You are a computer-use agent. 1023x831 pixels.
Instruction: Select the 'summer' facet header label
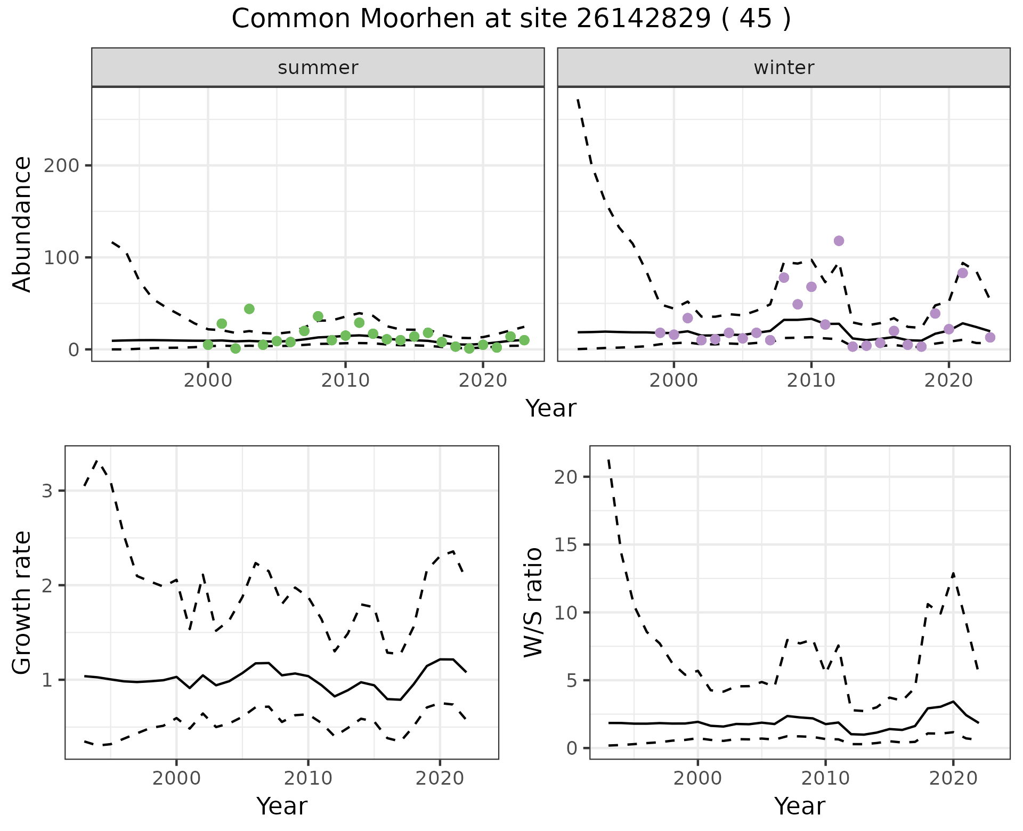318,68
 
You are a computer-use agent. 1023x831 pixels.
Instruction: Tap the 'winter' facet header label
784,68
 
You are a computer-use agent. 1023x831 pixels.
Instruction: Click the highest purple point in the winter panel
839,241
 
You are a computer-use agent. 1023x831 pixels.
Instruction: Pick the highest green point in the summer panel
249,309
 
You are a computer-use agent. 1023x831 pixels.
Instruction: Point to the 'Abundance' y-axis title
22,224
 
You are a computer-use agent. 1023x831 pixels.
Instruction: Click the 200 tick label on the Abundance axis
61,166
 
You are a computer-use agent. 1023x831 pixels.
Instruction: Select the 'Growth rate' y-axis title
22,602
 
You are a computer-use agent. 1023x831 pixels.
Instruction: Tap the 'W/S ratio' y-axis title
533,602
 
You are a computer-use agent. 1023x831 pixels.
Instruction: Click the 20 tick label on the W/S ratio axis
565,477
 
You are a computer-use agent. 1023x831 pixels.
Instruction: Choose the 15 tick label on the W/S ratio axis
565,545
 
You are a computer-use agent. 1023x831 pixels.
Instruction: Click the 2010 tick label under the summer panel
345,381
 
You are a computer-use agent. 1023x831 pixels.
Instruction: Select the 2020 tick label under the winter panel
948,381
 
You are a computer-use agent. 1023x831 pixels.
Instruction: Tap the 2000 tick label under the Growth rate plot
176,779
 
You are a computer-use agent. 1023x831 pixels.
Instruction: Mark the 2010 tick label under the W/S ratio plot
825,779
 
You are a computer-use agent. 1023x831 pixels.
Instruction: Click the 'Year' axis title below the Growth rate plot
282,806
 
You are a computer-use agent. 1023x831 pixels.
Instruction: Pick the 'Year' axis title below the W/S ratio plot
800,806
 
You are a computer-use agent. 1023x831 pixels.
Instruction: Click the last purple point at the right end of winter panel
990,337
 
